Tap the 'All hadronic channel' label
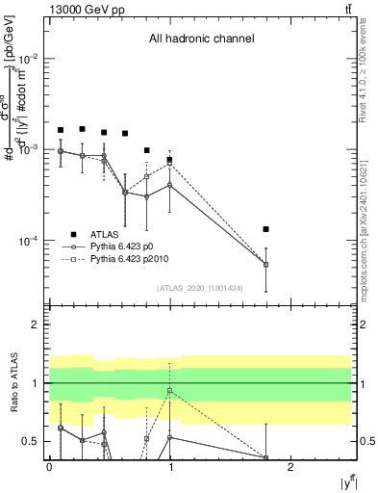click(x=201, y=39)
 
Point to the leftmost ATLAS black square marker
click(x=61, y=130)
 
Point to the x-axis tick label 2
click(x=292, y=466)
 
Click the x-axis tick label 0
click(x=49, y=466)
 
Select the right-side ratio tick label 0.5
click(x=365, y=442)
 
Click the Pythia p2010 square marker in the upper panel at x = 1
click(x=169, y=164)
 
